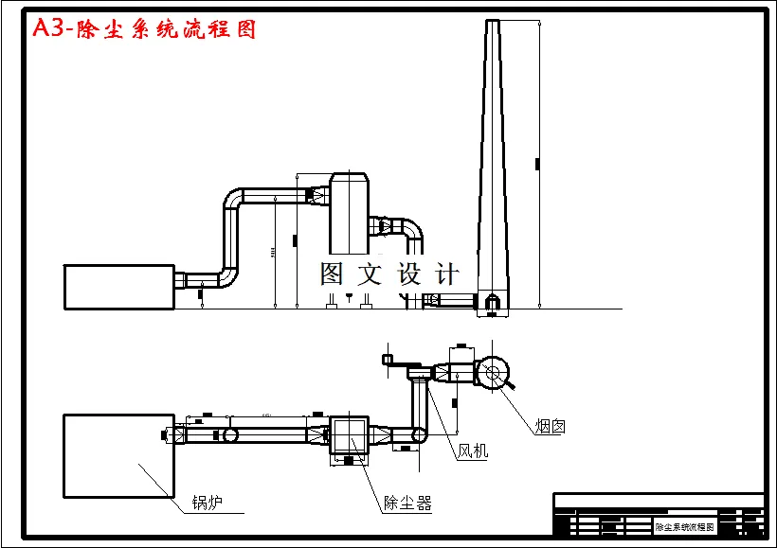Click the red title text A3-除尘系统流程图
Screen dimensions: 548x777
(144, 29)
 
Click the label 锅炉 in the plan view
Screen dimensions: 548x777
(207, 502)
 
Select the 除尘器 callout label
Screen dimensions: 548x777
(407, 503)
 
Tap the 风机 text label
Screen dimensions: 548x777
(472, 451)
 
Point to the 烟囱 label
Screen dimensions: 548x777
(550, 427)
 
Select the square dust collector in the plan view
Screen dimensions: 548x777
(348, 435)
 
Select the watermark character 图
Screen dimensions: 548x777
(333, 274)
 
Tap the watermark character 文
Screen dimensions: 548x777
(369, 274)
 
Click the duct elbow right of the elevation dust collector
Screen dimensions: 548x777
(412, 230)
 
